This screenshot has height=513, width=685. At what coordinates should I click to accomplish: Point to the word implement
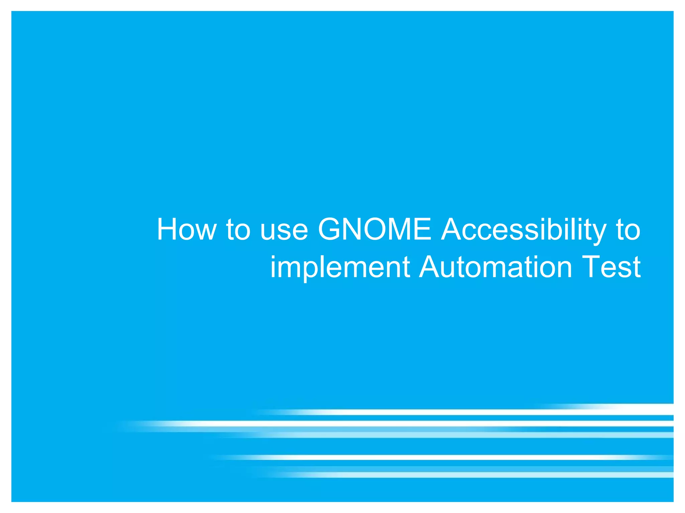point(340,267)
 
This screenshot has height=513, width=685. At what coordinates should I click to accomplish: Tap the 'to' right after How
point(238,230)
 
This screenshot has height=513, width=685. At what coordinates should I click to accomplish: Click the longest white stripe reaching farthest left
point(368,423)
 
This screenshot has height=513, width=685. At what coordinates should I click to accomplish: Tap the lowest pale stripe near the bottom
point(468,475)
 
